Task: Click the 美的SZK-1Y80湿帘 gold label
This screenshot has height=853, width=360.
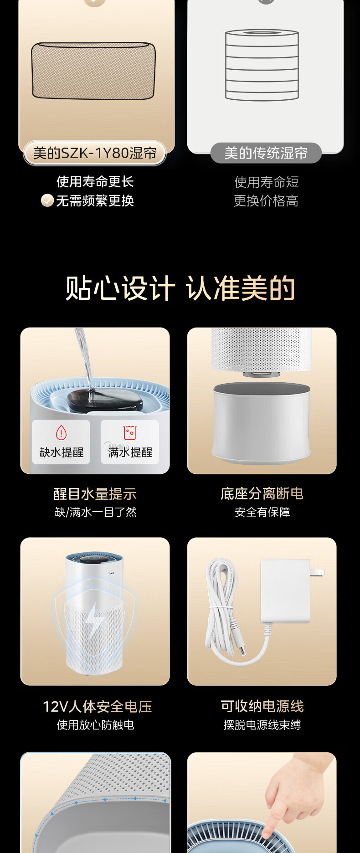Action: (95, 153)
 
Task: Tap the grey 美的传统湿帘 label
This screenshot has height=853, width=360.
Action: (266, 153)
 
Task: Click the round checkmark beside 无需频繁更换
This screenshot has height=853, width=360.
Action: (47, 200)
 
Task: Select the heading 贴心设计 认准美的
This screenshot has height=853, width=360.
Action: (180, 288)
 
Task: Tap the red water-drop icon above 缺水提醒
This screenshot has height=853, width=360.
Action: (61, 432)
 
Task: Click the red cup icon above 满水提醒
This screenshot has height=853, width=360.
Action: (130, 432)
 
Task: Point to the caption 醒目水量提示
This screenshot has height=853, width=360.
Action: (95, 493)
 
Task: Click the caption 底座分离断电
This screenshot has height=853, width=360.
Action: (262, 493)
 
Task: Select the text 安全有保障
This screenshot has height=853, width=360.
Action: (262, 512)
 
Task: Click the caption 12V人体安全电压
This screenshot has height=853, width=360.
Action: (97, 706)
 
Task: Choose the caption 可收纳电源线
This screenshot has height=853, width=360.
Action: (262, 706)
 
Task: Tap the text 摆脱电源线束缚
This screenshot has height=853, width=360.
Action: (262, 725)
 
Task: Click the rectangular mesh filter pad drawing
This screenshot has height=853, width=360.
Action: (93, 71)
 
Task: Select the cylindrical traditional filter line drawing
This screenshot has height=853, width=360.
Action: (262, 65)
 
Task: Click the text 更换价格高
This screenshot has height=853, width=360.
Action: (266, 201)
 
